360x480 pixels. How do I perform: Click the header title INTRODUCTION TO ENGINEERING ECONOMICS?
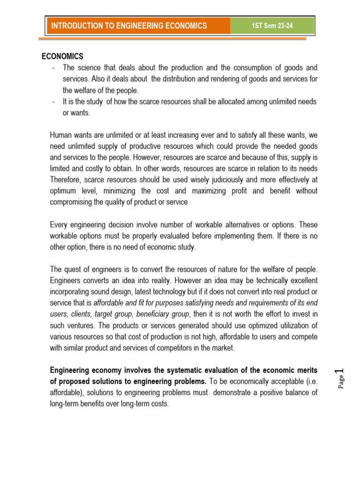coord(129,26)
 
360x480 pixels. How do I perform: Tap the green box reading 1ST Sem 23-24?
coord(272,26)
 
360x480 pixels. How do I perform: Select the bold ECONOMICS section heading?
coord(62,57)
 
